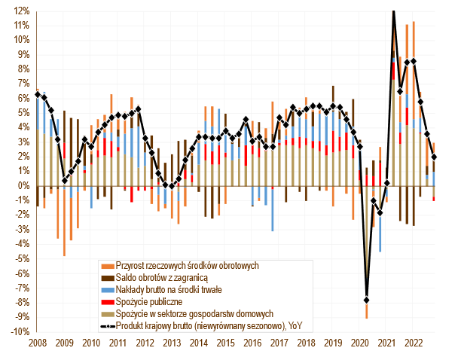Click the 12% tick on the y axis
coord(20,11)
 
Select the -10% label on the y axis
coord(19,331)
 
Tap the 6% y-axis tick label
coord(23,98)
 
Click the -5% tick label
coord(21,258)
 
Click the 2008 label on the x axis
coord(38,343)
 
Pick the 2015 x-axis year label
coord(226,343)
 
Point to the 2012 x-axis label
coord(145,343)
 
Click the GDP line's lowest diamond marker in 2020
coord(367,300)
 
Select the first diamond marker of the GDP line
coord(38,94)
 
